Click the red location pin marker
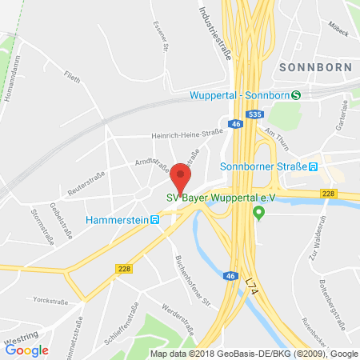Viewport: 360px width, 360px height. pyautogui.click(x=182, y=177)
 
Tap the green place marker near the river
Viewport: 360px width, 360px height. pyautogui.click(x=258, y=213)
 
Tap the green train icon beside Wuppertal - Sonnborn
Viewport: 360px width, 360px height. pyautogui.click(x=296, y=95)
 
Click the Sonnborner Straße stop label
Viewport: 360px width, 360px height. pyautogui.click(x=263, y=166)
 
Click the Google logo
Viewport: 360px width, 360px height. pyautogui.click(x=27, y=349)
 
